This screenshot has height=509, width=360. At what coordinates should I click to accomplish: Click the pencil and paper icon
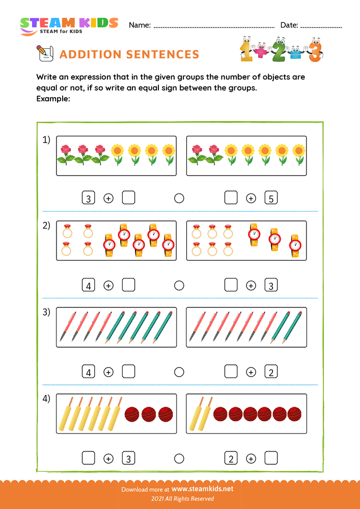point(44,53)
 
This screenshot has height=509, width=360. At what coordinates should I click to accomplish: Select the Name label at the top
point(140,25)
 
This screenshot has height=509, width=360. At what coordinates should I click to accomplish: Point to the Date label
point(289,25)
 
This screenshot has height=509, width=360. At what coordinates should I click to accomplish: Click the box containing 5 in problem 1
point(271,199)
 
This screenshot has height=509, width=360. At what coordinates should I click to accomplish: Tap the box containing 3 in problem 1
point(89,199)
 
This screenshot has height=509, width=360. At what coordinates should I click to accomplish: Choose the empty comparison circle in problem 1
point(179,199)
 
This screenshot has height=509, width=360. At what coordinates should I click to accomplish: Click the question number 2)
point(46,226)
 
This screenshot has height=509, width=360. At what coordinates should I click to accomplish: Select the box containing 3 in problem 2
point(271,286)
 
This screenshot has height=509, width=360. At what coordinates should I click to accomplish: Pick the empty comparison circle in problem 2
point(179,286)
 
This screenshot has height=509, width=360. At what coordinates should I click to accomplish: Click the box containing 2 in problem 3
point(271,372)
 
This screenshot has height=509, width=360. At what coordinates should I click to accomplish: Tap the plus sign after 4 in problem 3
point(108,372)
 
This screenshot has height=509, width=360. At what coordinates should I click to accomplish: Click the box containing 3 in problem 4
point(129,459)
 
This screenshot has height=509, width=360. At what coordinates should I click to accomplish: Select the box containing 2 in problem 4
point(231,459)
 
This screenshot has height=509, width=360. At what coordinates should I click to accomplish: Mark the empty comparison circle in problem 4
point(179,459)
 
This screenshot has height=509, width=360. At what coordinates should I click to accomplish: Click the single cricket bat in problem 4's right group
point(198,413)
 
